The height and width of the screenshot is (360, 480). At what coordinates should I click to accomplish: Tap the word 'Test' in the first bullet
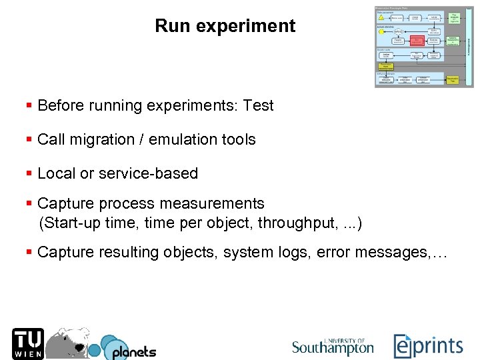tap(259, 105)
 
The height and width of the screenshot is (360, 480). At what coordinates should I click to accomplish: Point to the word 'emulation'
tap(180, 139)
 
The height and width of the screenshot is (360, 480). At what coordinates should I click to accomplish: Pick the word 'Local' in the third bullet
tap(57, 173)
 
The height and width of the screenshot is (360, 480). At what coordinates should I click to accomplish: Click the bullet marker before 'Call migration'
tap(29, 139)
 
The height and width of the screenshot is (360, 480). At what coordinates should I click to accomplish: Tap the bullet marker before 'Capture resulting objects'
tap(29, 252)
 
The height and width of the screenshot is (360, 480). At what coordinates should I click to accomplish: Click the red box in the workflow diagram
tap(417, 40)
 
